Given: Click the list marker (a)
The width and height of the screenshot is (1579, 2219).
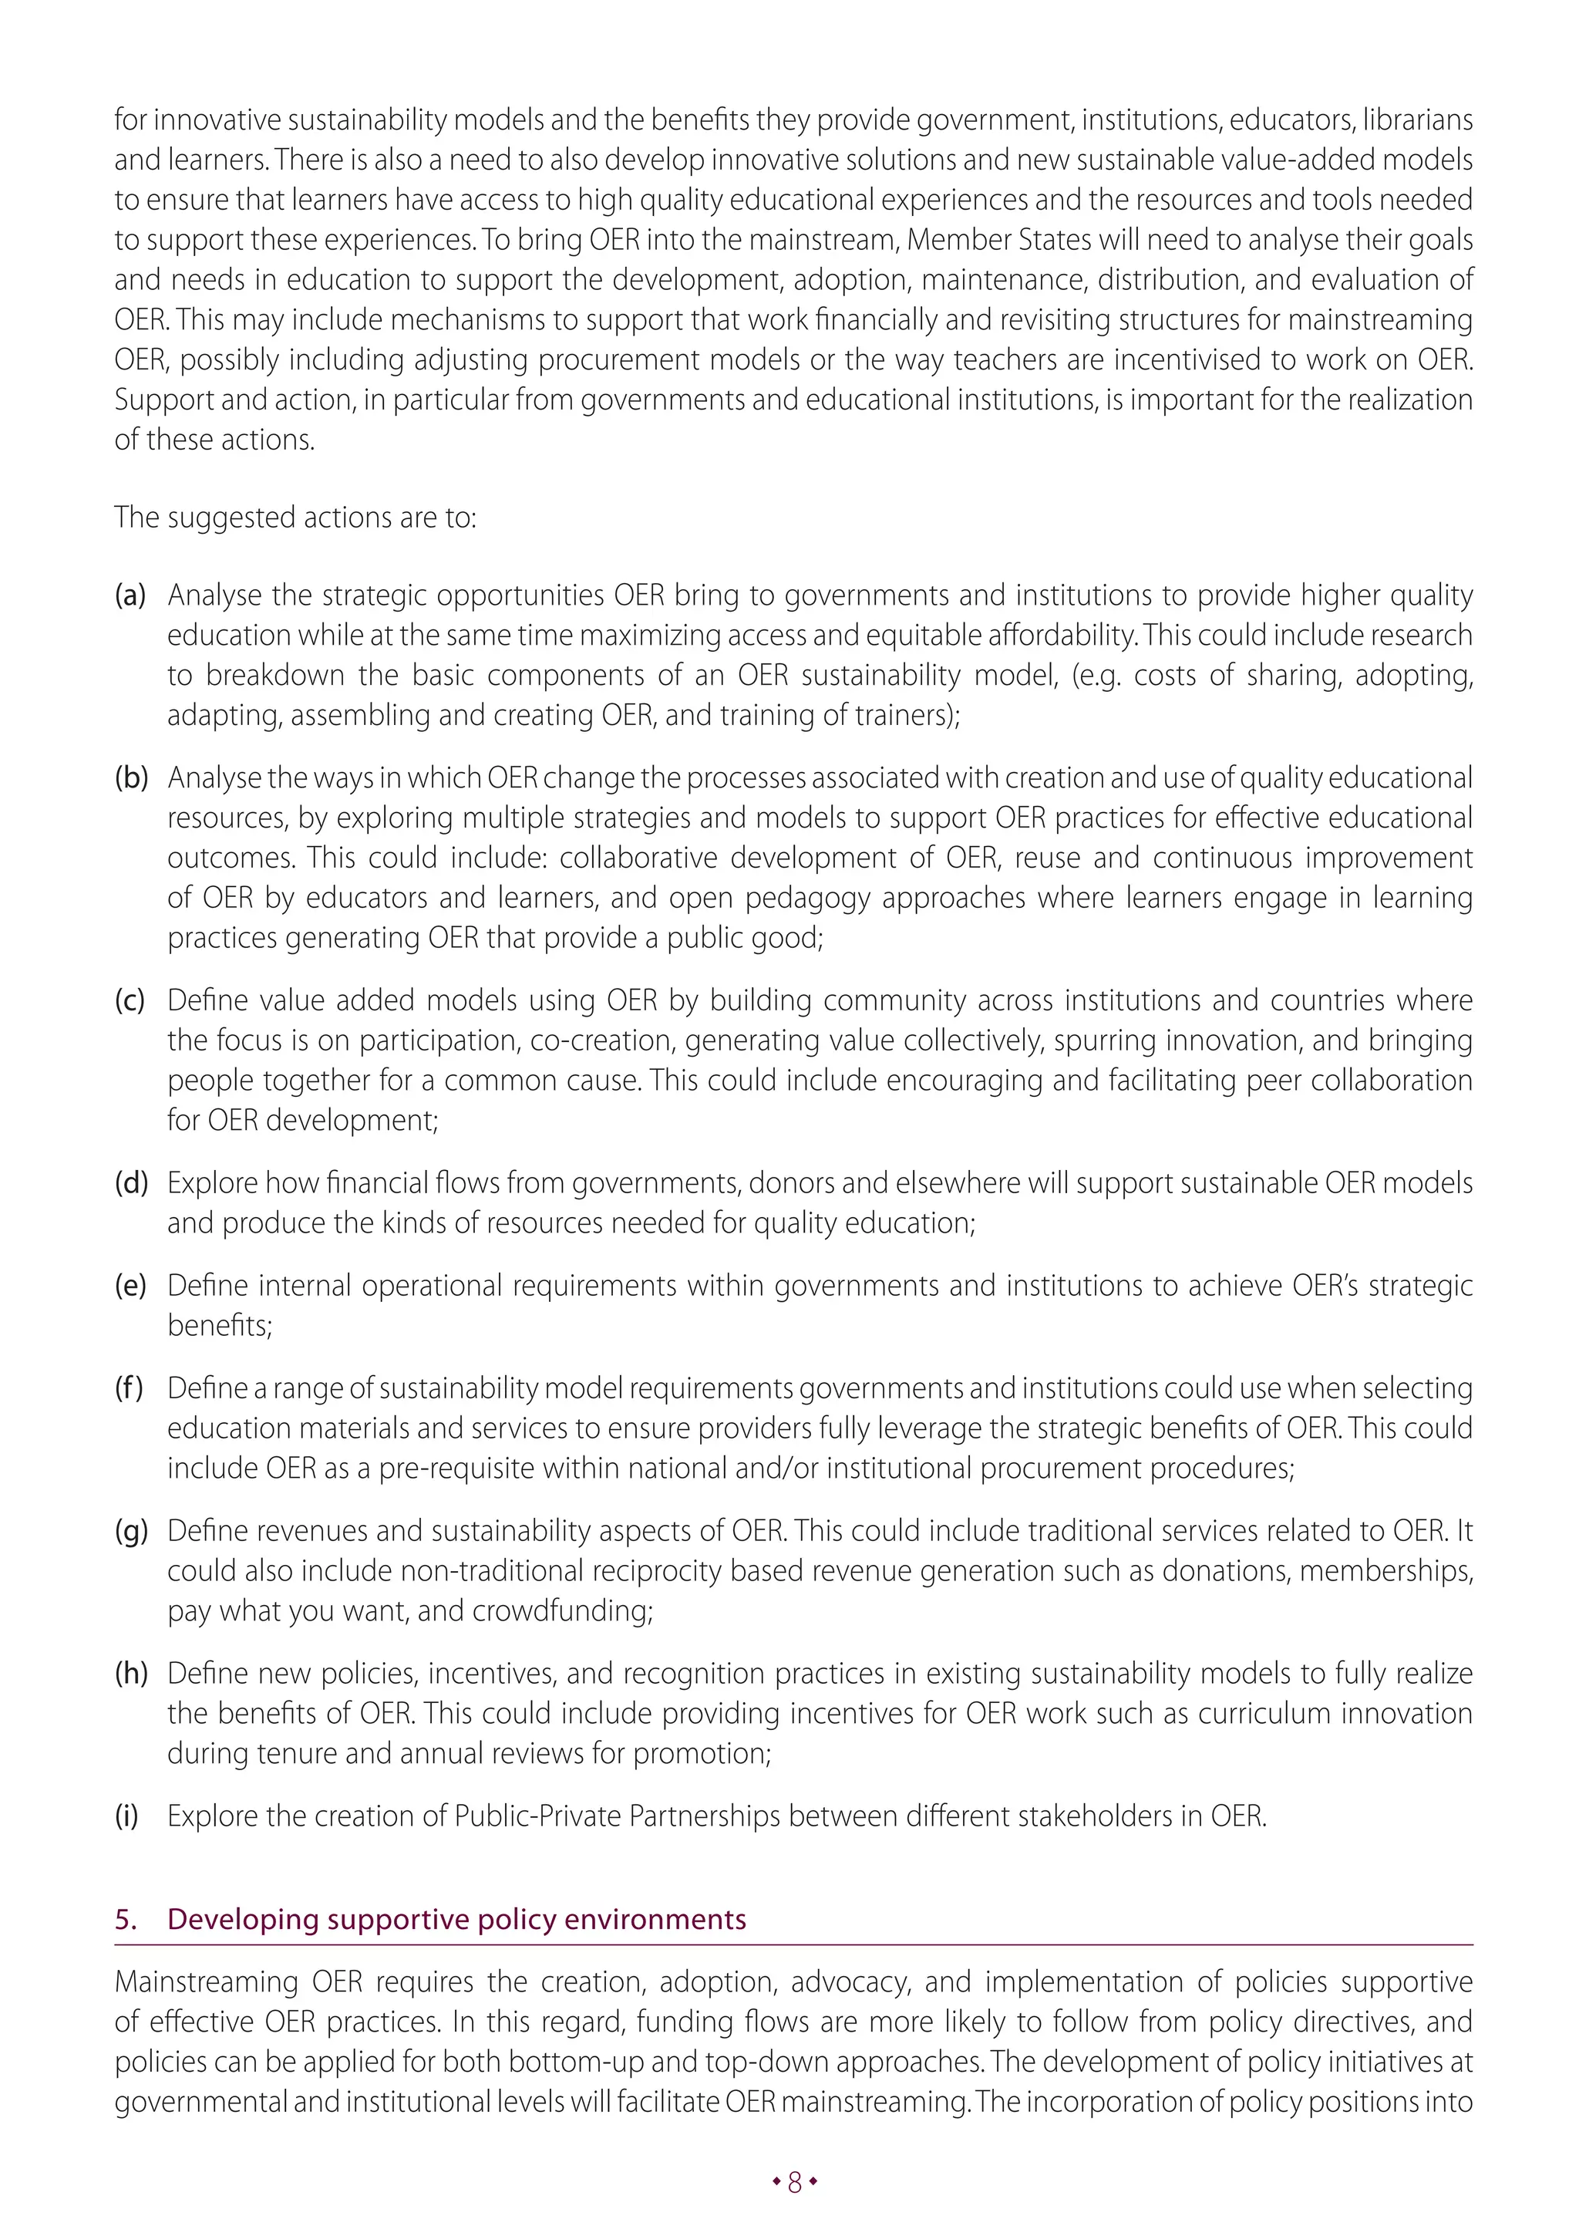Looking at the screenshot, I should pyautogui.click(x=130, y=595).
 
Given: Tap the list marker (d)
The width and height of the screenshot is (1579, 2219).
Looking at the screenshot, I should pyautogui.click(x=131, y=1182).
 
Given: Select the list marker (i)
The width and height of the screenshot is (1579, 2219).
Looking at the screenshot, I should pyautogui.click(x=126, y=1816).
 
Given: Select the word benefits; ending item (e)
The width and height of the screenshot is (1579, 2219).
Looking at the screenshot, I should pyautogui.click(x=220, y=1325).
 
